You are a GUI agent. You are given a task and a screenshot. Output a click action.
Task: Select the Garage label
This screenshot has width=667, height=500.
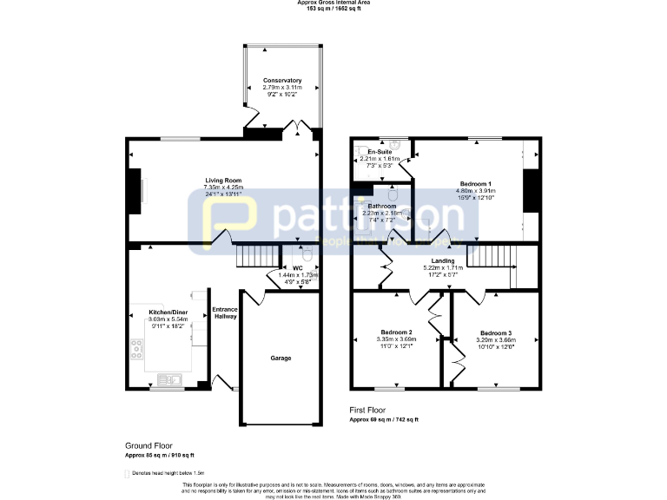click(x=281, y=358)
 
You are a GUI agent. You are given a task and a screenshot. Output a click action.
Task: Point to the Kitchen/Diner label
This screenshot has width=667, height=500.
click(x=168, y=312)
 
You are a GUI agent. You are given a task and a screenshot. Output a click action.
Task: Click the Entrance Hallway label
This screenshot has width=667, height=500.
click(x=224, y=312)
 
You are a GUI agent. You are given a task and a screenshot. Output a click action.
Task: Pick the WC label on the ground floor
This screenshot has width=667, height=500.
click(x=297, y=268)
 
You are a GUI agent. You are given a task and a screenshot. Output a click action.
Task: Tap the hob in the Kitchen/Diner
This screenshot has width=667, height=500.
click(x=137, y=349)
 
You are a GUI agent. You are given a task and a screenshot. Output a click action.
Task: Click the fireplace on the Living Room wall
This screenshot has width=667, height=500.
click(x=135, y=188)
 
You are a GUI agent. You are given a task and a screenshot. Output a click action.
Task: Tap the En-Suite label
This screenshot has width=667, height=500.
click(x=380, y=152)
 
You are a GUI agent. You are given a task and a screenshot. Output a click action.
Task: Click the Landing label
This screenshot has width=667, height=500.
click(x=444, y=260)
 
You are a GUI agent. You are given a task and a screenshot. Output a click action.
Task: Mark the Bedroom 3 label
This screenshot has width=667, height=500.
click(x=496, y=332)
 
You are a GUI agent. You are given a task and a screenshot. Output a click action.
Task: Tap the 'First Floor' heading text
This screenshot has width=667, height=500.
click(x=368, y=411)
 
